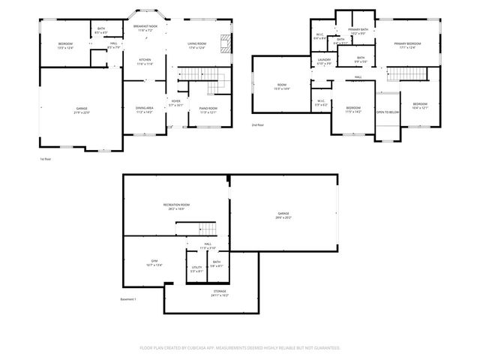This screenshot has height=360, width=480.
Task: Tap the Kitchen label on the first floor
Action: point(145,61)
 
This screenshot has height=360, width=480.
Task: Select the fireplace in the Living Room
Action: point(223,43)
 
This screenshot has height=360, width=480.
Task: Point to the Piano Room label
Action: point(208,109)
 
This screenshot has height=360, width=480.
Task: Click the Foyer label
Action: point(175,102)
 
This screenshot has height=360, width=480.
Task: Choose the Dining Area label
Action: point(145,109)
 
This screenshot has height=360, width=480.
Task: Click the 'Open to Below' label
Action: point(387,112)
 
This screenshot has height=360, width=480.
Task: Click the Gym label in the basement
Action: point(153,262)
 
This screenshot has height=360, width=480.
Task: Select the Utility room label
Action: point(197,267)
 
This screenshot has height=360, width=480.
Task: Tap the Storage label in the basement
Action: point(220,292)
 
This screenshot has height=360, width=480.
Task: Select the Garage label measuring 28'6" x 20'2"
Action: point(283,214)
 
